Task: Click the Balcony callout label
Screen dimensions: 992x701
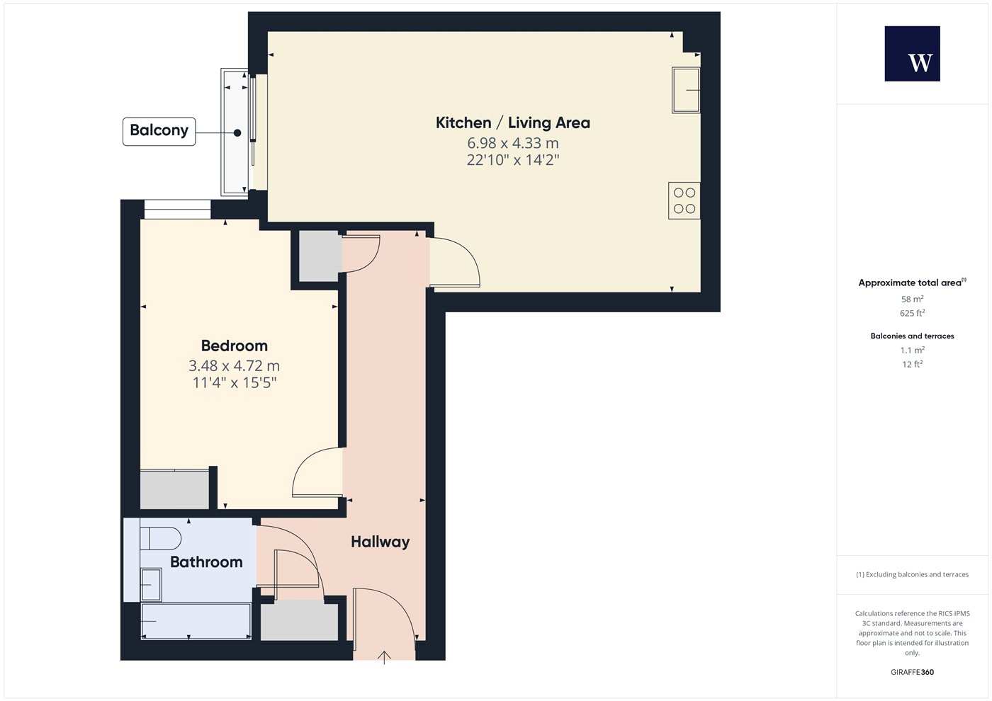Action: point(159,132)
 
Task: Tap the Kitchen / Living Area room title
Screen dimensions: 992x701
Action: point(513,122)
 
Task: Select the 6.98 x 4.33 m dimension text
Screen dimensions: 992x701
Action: point(513,143)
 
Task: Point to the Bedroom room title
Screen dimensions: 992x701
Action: point(235,346)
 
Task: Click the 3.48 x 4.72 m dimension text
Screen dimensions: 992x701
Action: point(235,365)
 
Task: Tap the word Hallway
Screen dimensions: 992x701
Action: point(380,542)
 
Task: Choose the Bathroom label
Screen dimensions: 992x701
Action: point(206,562)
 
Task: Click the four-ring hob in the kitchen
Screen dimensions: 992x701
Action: point(684,200)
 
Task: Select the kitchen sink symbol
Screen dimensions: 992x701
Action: point(686,91)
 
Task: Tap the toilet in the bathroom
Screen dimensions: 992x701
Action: point(160,539)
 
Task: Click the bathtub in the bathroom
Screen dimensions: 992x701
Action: point(196,621)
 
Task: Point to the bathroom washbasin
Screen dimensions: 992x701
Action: point(151,585)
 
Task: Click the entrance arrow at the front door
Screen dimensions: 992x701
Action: point(384,658)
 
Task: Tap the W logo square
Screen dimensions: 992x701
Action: point(913,54)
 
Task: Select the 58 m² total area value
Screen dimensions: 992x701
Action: point(913,299)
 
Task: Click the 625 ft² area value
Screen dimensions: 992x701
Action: point(913,313)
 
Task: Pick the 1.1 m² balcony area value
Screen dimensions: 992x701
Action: point(913,350)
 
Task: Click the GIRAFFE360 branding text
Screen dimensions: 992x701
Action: point(913,672)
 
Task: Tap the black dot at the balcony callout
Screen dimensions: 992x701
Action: point(237,133)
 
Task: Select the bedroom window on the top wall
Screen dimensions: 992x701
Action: point(177,209)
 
